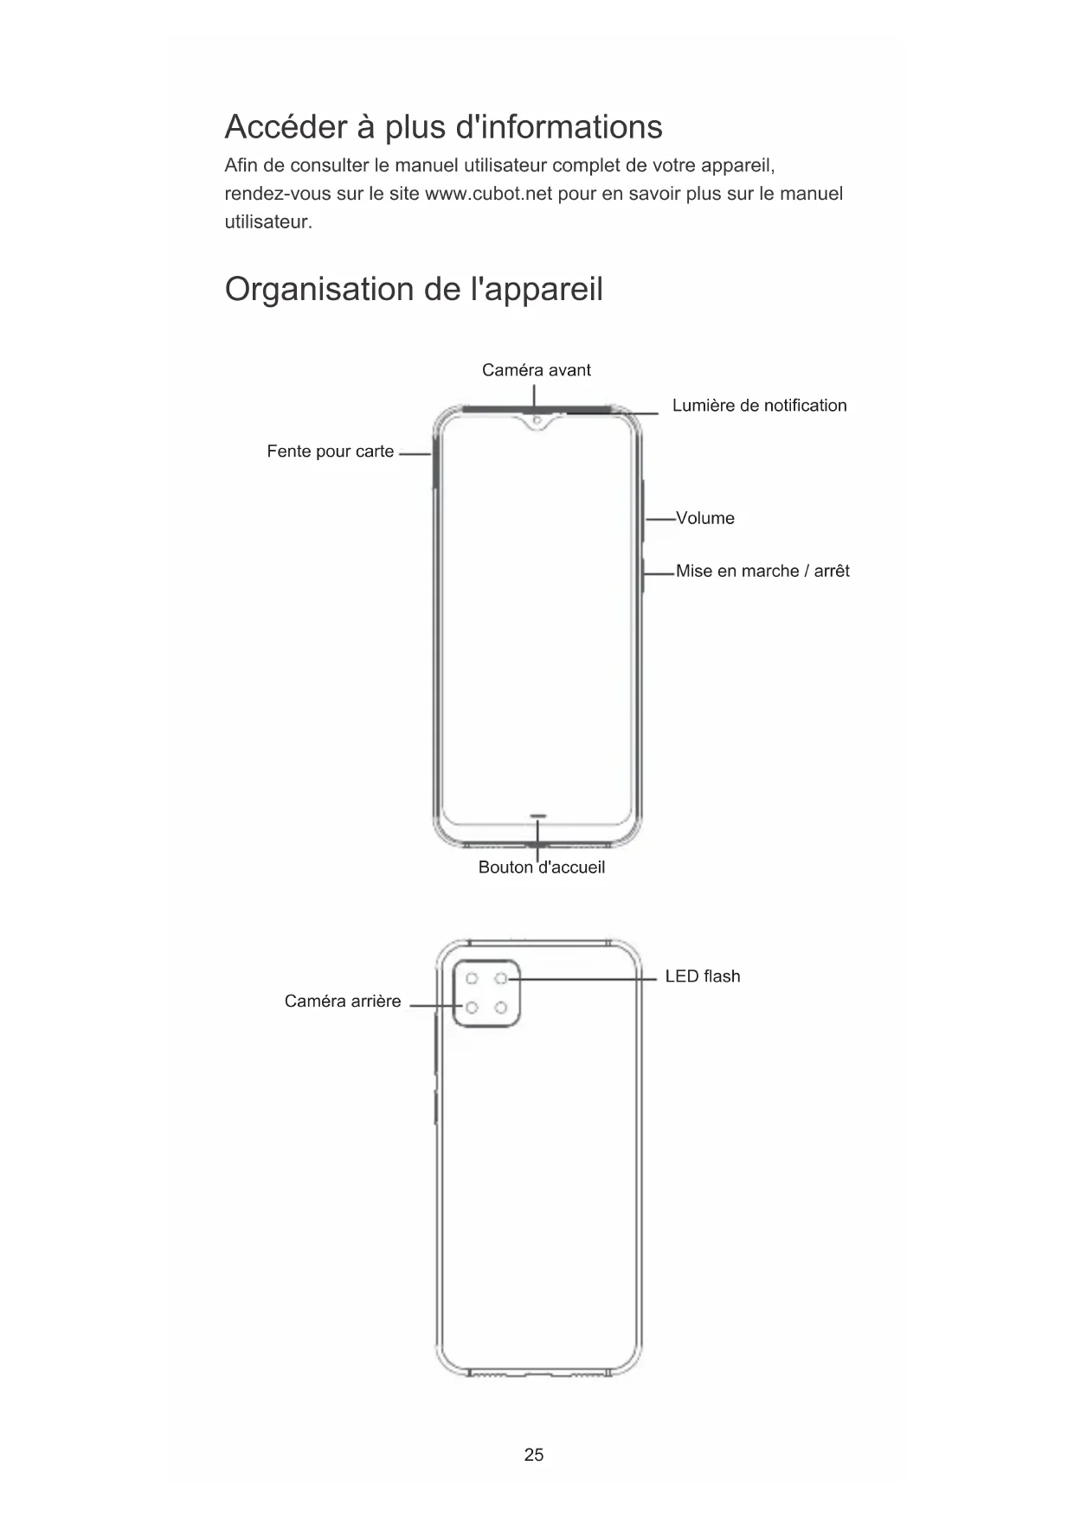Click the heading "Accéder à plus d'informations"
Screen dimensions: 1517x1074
pyautogui.click(x=443, y=127)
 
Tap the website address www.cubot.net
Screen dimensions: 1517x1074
pyautogui.click(x=488, y=193)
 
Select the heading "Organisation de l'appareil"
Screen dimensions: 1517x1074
pyautogui.click(x=414, y=289)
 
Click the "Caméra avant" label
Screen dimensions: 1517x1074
pyautogui.click(x=536, y=370)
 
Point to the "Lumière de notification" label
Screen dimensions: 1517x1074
pyautogui.click(x=759, y=406)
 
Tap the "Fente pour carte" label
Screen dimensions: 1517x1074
pyautogui.click(x=330, y=451)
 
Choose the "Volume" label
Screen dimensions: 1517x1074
pyautogui.click(x=704, y=518)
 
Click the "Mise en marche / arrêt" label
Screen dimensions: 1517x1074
pyautogui.click(x=762, y=571)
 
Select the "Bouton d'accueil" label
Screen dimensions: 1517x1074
pyautogui.click(x=541, y=867)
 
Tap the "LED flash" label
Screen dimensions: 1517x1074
pyautogui.click(x=702, y=976)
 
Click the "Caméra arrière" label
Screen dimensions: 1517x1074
pyautogui.click(x=343, y=1002)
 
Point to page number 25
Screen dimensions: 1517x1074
pyautogui.click(x=534, y=1455)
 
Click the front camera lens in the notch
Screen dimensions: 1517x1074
pyautogui.click(x=537, y=421)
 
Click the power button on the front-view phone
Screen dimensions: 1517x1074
pyautogui.click(x=644, y=573)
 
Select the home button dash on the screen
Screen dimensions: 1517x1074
pyautogui.click(x=538, y=815)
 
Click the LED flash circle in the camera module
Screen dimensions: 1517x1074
pyautogui.click(x=501, y=978)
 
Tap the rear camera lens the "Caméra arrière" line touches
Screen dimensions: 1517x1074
pyautogui.click(x=472, y=1008)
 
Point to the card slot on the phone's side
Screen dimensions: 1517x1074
pyautogui.click(x=433, y=467)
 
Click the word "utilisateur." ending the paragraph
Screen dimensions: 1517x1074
pyautogui.click(x=268, y=222)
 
